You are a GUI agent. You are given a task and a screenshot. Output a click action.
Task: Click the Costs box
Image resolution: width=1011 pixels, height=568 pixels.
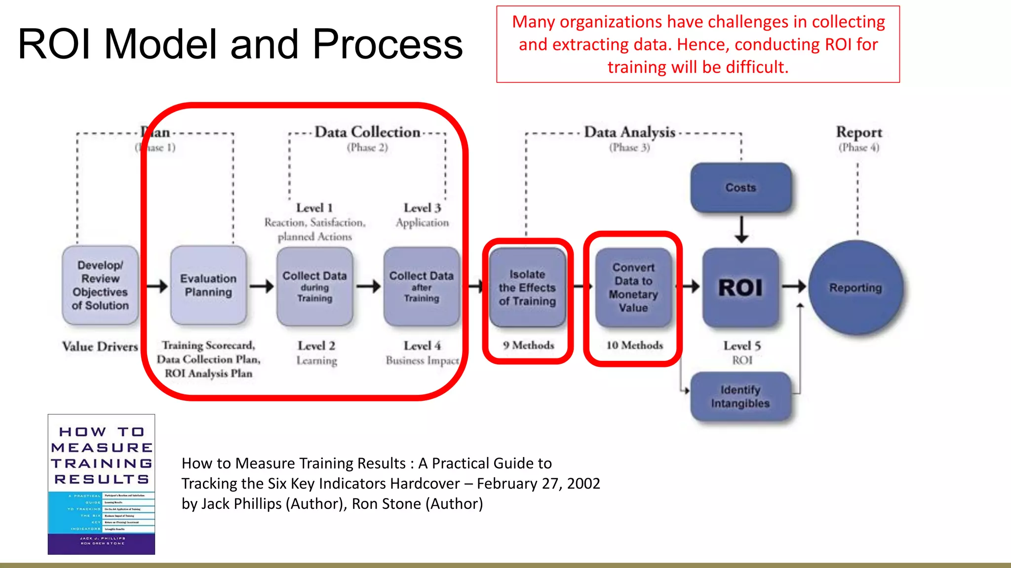pos(740,188)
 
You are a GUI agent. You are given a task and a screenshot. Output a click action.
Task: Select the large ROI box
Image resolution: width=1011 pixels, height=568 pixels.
pos(740,287)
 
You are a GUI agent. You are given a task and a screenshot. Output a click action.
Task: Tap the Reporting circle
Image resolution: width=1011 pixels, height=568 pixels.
pos(855,287)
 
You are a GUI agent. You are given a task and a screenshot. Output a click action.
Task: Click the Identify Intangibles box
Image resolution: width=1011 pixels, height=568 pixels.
pos(740,396)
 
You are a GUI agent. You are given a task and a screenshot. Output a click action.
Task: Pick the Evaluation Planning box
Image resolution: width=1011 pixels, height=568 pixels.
pos(208,285)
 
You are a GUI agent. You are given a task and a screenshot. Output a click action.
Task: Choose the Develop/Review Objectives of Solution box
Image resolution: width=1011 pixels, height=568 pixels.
pos(100,285)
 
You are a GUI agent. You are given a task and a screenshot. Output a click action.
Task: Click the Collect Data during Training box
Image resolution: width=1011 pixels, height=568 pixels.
pos(314,286)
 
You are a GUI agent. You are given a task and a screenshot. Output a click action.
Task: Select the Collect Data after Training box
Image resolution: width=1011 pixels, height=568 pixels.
pos(421,286)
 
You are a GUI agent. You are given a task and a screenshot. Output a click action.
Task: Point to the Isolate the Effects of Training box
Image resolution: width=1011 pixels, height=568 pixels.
pos(527,287)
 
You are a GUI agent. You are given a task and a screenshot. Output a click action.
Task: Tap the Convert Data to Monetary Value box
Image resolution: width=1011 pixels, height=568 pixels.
pos(633,287)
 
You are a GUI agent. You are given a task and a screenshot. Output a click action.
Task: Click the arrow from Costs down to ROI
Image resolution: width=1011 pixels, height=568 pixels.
pos(741,229)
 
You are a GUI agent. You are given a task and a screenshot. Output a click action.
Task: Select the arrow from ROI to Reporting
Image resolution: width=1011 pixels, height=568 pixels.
pos(794,286)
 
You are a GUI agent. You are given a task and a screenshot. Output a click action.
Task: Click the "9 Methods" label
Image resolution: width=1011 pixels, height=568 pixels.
pos(528,345)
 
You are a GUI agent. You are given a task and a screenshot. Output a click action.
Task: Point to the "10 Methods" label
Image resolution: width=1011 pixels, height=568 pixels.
pos(634,345)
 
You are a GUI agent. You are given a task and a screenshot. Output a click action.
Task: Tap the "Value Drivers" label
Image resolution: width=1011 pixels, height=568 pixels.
pos(100,347)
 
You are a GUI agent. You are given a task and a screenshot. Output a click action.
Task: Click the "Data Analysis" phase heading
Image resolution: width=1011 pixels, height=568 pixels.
pos(629,132)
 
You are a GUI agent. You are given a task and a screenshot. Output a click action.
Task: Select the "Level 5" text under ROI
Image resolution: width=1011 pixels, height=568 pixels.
pos(742,346)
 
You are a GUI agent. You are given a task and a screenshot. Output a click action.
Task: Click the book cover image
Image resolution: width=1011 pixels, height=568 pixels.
pos(101,484)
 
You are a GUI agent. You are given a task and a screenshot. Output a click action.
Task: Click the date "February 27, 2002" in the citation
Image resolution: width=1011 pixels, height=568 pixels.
pos(538,483)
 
